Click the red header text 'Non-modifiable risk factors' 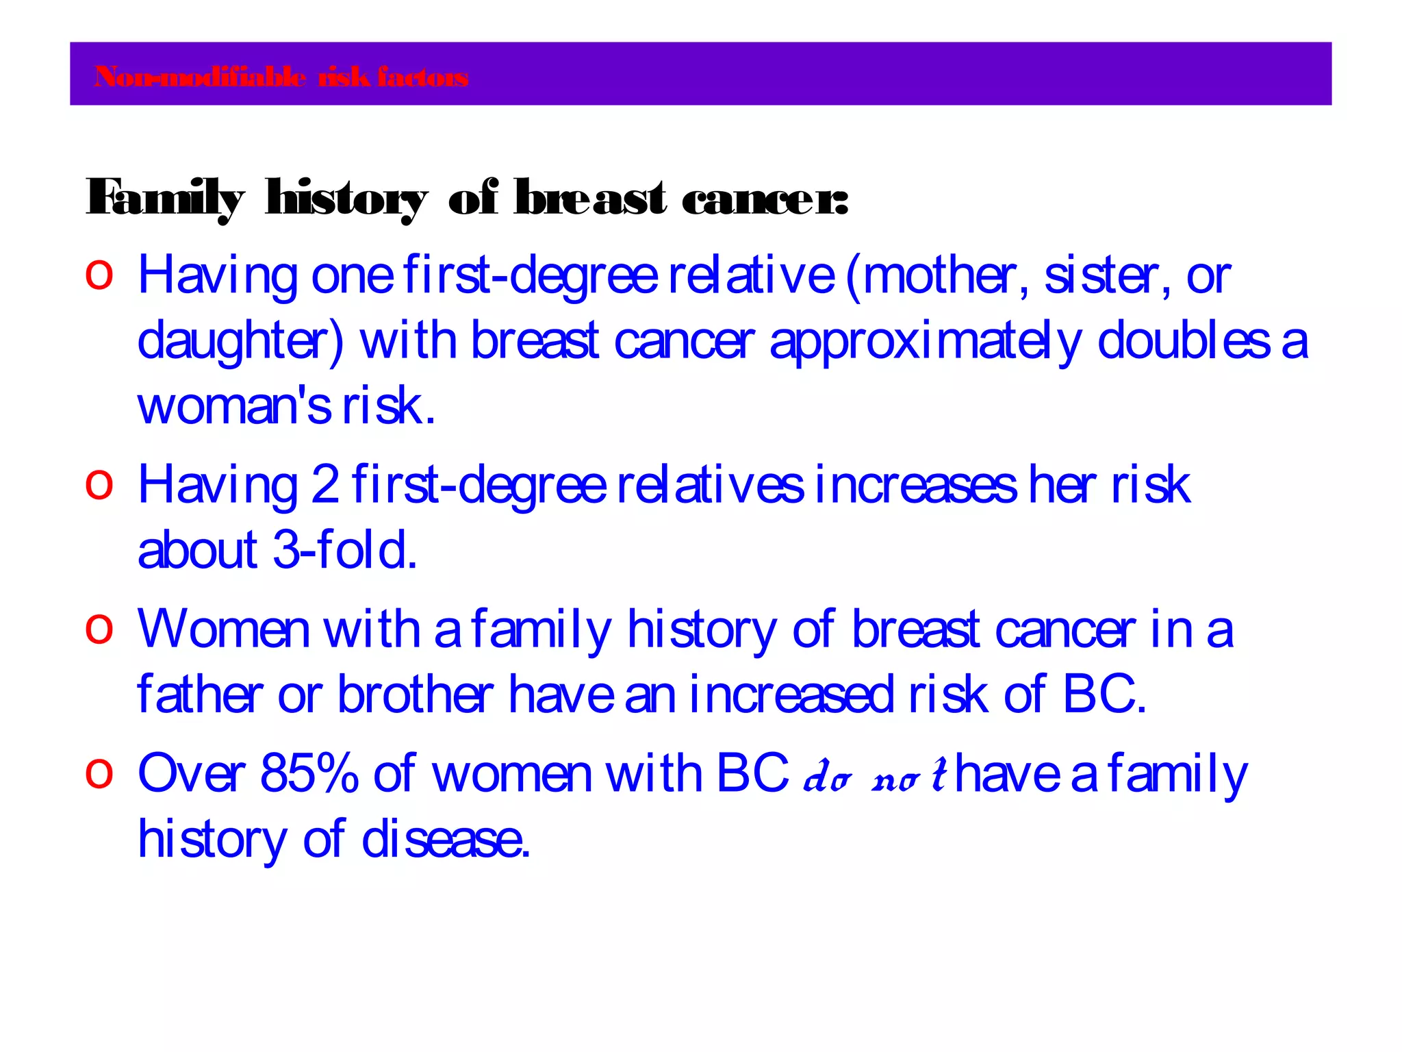point(281,77)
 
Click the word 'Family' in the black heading point(165,199)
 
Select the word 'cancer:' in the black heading point(765,199)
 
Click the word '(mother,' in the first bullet point(937,276)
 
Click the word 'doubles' point(1184,340)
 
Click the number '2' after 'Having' point(325,485)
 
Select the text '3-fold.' point(345,550)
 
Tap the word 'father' point(200,694)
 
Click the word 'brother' point(416,694)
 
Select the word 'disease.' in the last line point(446,840)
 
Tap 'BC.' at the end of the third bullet point(1104,694)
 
